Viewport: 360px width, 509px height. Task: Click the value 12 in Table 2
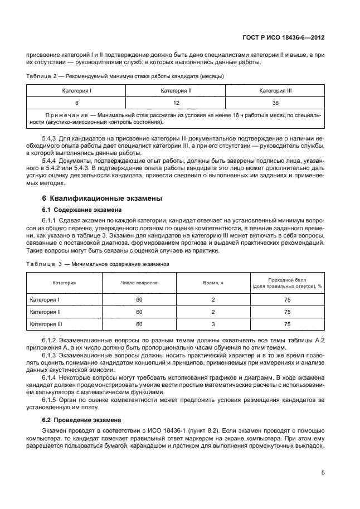[x=176, y=103]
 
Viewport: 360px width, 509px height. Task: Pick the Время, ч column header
[x=213, y=283]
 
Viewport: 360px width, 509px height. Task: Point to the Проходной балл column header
[x=287, y=279]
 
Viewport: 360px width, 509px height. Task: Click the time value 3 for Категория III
[x=213, y=323]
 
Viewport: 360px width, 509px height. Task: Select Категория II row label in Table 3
[x=45, y=312]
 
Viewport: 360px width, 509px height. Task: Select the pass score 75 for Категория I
[x=287, y=300]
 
